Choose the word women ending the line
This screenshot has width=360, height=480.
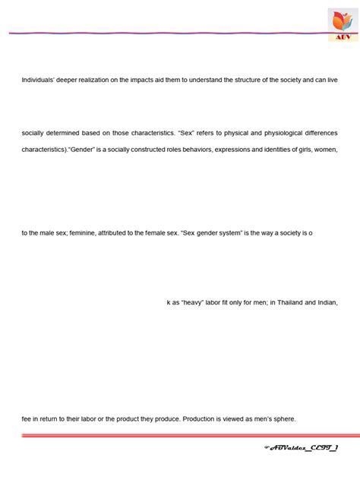pos(326,150)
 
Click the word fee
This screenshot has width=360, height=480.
pos(26,418)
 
